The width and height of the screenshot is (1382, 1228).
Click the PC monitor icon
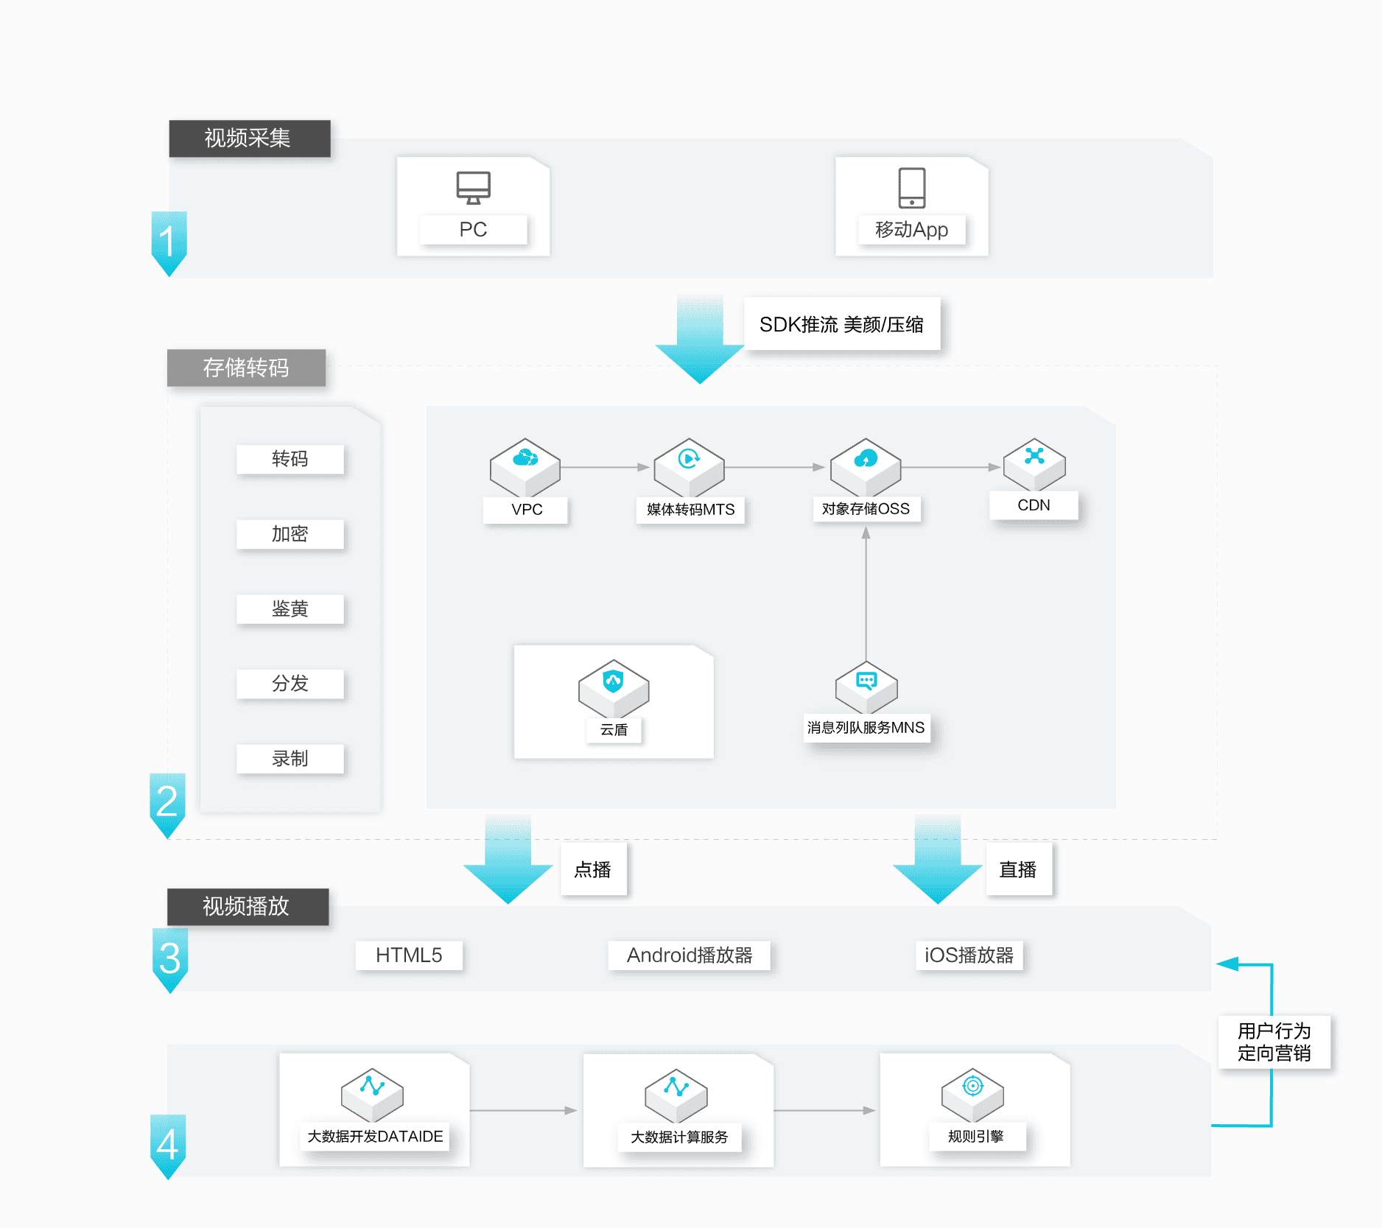(x=473, y=187)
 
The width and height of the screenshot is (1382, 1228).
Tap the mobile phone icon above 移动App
(x=911, y=187)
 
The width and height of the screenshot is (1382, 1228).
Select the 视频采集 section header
(x=249, y=138)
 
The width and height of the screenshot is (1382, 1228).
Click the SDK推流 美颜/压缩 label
(x=841, y=324)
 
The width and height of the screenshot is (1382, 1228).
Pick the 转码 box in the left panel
(x=290, y=459)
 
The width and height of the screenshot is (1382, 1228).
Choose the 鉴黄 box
(x=290, y=609)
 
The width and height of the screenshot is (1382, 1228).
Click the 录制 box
(x=290, y=759)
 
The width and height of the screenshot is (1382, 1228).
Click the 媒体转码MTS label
(x=690, y=510)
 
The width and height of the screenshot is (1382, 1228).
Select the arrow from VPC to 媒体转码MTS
(x=604, y=467)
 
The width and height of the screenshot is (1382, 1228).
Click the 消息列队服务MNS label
(x=866, y=728)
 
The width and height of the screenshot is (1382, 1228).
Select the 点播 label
(x=593, y=870)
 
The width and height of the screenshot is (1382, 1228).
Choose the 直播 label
(x=1018, y=870)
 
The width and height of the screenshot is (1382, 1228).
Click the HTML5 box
(x=409, y=955)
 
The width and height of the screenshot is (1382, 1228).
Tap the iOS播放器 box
(x=969, y=955)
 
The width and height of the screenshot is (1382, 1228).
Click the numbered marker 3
(x=169, y=958)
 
